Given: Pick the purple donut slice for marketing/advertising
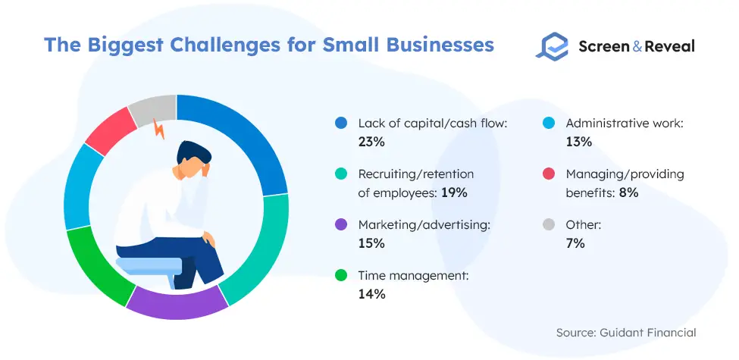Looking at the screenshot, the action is tap(177, 303).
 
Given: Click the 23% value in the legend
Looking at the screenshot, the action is tap(371, 142).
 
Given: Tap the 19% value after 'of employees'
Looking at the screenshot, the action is tap(454, 193).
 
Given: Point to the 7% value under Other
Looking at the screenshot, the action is tap(575, 243).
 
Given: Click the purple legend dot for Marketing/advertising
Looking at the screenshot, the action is tap(340, 225).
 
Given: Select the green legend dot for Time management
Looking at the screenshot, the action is tap(340, 276).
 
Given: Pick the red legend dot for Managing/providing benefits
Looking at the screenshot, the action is tap(548, 174).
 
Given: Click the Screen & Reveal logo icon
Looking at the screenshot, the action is tap(552, 46).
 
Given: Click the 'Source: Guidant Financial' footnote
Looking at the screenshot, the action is tap(626, 333).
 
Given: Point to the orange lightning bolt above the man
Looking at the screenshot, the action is tap(159, 129).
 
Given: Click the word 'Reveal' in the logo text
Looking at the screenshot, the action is tap(669, 46).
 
